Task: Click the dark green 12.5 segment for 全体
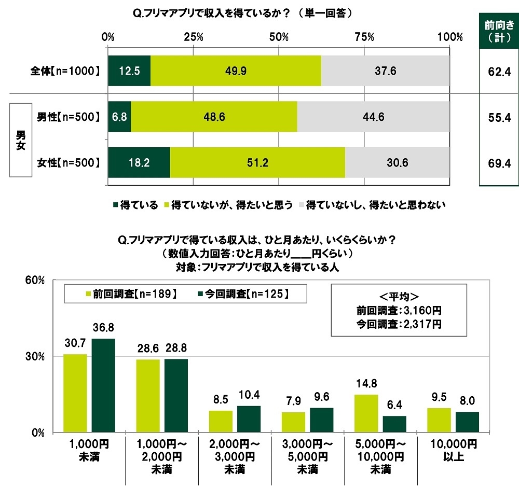[129, 71]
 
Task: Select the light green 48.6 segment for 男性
[214, 117]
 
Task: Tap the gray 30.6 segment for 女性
[397, 162]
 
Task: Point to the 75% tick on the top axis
[364, 37]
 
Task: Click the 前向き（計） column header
[498, 32]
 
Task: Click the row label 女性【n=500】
[64, 163]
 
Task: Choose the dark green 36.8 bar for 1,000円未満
[103, 385]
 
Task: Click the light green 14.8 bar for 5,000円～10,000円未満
[365, 413]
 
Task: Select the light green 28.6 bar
[147, 396]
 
